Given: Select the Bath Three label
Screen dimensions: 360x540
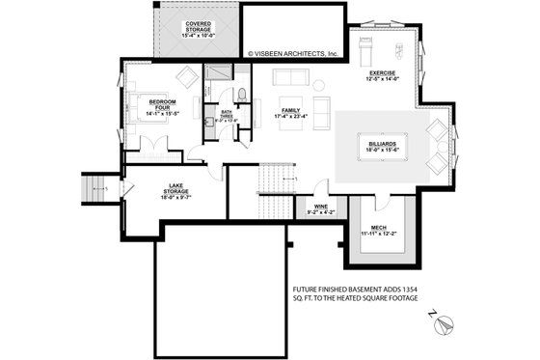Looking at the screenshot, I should pos(227,116).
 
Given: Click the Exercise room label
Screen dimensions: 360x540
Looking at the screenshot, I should pos(384,76).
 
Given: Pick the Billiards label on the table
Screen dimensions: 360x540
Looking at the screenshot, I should pos(381,146).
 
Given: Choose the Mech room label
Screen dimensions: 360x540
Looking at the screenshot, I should pos(379,230).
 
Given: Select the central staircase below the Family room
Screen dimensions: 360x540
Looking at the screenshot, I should pos(276,178).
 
